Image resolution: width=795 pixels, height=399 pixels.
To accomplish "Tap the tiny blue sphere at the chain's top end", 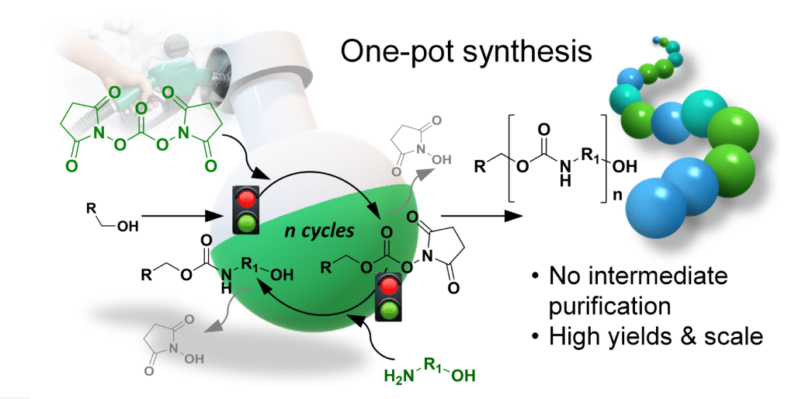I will [656, 36].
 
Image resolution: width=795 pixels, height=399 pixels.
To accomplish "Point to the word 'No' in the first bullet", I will [566, 275].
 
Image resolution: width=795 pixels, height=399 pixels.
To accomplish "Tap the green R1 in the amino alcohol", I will [433, 361].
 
